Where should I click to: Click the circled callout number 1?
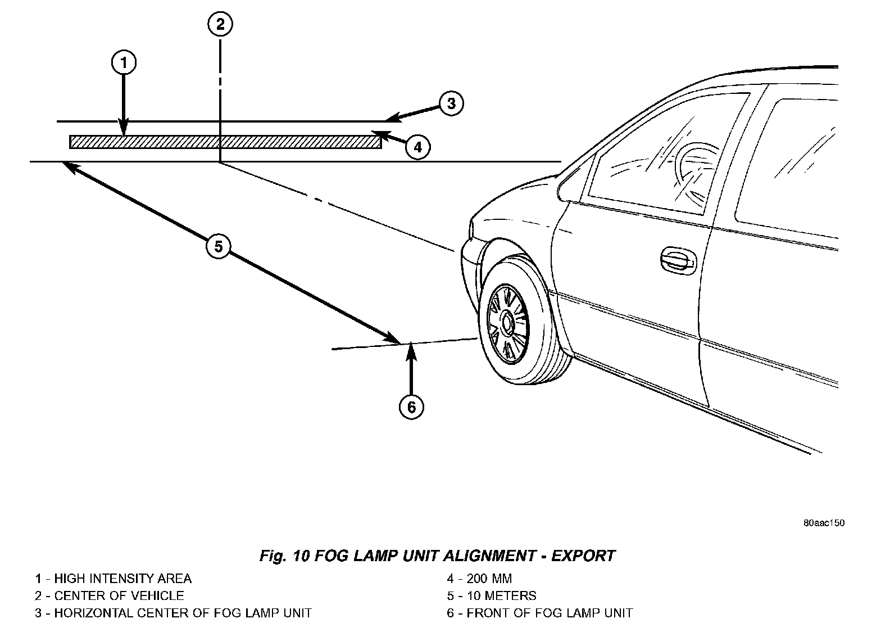pyautogui.click(x=124, y=62)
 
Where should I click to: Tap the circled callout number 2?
pyautogui.click(x=220, y=24)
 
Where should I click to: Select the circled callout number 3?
pyautogui.click(x=451, y=103)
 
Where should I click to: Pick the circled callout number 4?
pyautogui.click(x=417, y=147)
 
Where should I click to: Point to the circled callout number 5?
pyautogui.click(x=218, y=246)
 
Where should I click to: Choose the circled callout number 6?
pyautogui.click(x=411, y=407)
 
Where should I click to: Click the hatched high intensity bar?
pyautogui.click(x=225, y=142)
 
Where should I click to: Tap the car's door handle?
pyautogui.click(x=677, y=258)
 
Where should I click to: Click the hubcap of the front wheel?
pyautogui.click(x=507, y=322)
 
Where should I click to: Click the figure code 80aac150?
pyautogui.click(x=823, y=523)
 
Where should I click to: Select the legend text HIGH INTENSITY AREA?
pyautogui.click(x=122, y=579)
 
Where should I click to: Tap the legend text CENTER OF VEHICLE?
pyautogui.click(x=119, y=595)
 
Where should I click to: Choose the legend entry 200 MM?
pyautogui.click(x=489, y=579)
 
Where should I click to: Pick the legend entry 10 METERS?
pyautogui.click(x=501, y=595)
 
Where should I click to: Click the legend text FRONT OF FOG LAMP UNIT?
pyautogui.click(x=550, y=613)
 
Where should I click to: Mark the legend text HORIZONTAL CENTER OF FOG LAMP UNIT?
pyautogui.click(x=183, y=613)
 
